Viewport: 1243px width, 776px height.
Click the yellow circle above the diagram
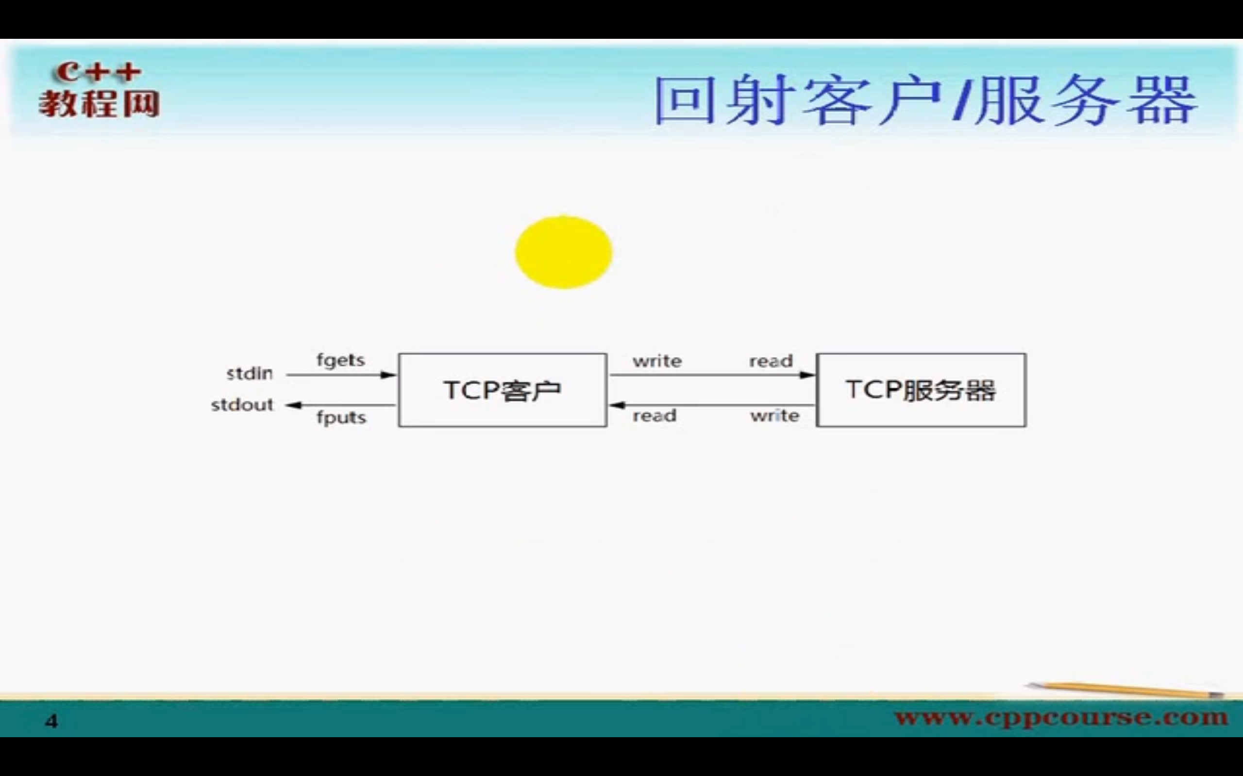point(563,252)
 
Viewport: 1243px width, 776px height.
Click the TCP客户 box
point(503,390)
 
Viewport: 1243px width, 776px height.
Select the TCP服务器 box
point(921,390)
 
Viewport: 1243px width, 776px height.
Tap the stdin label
point(250,373)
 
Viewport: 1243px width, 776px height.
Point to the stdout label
point(242,405)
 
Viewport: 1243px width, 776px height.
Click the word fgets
point(340,360)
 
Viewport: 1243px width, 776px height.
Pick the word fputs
point(341,417)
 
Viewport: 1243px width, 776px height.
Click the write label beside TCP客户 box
point(657,361)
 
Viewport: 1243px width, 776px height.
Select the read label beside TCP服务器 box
point(771,361)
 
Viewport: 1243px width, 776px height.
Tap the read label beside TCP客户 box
point(654,416)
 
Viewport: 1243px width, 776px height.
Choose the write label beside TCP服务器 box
point(774,416)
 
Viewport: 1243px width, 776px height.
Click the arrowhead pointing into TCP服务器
point(808,374)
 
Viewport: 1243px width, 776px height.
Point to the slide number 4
point(51,722)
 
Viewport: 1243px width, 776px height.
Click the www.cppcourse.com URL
point(1060,716)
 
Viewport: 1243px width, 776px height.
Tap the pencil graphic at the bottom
point(1125,690)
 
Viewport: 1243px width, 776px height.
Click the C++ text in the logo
point(98,72)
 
